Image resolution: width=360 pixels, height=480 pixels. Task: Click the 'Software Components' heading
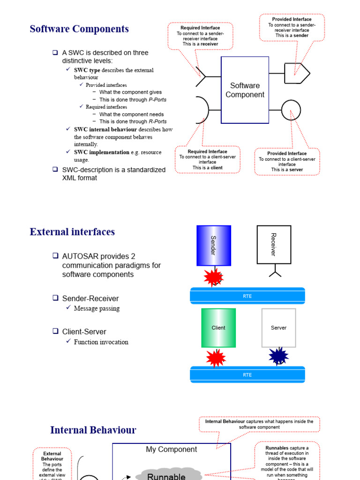79,29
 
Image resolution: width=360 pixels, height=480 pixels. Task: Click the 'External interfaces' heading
72,232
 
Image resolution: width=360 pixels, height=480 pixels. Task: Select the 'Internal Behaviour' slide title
93,430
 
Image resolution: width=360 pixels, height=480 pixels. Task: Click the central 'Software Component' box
245,90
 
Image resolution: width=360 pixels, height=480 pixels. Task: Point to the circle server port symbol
291,110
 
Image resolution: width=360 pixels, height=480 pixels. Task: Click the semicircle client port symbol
202,110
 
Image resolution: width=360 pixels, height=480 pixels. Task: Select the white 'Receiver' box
274,244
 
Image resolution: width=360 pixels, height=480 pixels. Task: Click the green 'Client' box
218,328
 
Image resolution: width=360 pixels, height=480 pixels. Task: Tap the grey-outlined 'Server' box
278,328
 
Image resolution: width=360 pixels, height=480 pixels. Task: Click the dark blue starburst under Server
279,356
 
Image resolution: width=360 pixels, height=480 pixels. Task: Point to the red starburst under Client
216,358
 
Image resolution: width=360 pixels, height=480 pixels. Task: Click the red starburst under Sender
214,277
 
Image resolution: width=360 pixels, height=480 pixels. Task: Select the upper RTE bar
247,296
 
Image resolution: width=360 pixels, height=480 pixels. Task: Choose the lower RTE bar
247,375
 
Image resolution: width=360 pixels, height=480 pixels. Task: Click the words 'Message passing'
97,308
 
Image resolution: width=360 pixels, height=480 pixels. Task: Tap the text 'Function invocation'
101,342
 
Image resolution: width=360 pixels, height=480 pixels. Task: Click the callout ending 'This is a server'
287,162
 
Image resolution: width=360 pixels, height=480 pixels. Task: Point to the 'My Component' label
171,450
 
